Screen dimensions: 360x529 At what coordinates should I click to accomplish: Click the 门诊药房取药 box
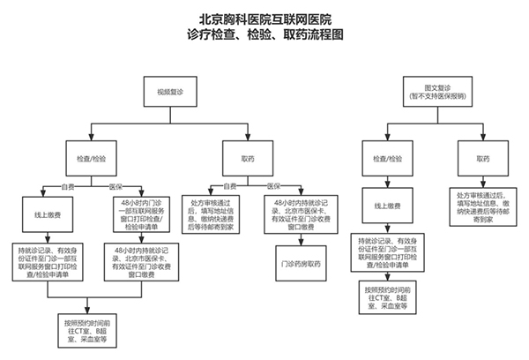(301, 263)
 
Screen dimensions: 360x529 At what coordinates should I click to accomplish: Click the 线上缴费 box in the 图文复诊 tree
(389, 206)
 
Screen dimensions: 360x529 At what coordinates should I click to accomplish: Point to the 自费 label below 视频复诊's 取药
(230, 185)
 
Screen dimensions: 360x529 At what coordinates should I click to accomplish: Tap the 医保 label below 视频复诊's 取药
(273, 185)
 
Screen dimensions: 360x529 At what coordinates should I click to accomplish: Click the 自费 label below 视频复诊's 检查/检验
(68, 185)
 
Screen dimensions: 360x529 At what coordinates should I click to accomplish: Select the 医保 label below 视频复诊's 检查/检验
(114, 185)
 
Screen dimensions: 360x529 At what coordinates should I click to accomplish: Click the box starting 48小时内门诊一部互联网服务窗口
(138, 213)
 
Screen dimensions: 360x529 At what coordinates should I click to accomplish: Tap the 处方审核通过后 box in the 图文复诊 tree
(481, 202)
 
